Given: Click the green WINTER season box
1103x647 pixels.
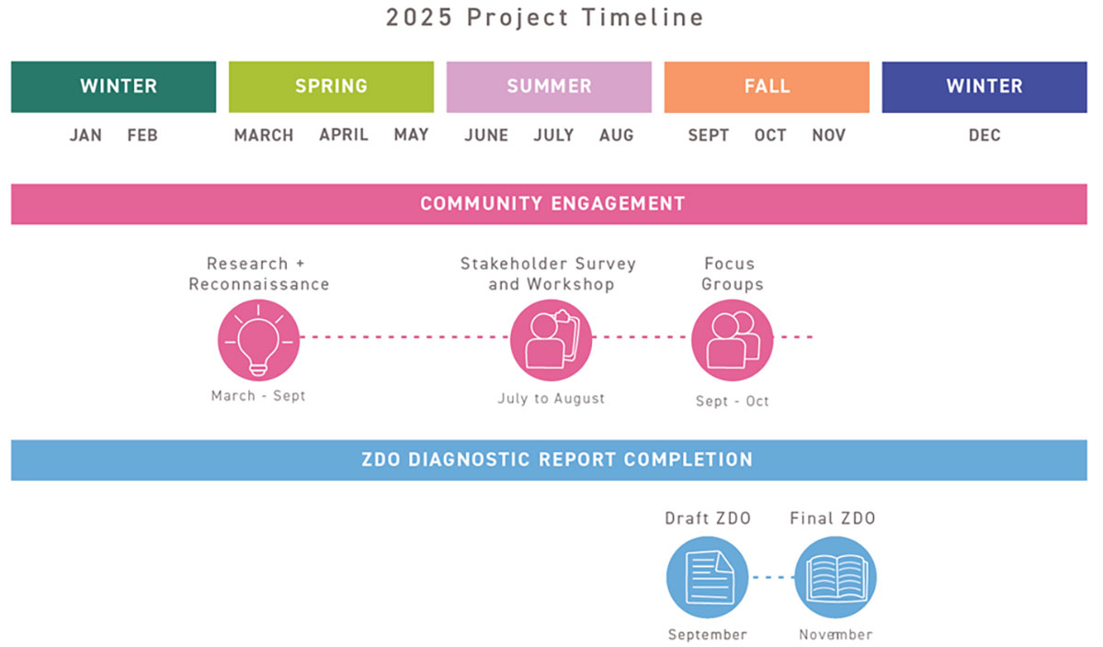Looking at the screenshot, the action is click(114, 86).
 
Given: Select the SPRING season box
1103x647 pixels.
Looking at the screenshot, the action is click(332, 86).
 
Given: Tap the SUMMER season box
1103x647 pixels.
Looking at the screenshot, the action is click(549, 86).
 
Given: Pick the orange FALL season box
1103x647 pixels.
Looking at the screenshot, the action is click(767, 86).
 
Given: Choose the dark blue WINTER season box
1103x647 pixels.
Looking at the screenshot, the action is click(984, 86).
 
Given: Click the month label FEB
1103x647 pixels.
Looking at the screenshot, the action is click(142, 135).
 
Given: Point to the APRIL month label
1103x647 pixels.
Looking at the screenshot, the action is click(344, 134).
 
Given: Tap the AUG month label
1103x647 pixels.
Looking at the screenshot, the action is click(617, 135).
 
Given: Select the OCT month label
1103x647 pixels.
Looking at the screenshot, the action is click(770, 135).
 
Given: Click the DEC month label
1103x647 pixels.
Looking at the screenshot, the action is click(984, 135).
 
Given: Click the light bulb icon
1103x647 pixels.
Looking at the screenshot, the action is click(258, 340).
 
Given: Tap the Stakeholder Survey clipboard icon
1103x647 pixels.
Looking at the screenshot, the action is click(551, 340).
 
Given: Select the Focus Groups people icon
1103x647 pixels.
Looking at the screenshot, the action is click(733, 340).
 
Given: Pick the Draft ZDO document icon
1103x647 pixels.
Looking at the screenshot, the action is click(707, 577).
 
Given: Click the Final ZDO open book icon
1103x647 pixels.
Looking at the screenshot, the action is click(836, 577).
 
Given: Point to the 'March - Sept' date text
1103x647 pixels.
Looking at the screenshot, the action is click(258, 396).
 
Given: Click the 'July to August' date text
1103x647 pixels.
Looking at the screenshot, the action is click(551, 398).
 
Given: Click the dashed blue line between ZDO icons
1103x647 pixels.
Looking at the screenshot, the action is click(771, 577).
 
